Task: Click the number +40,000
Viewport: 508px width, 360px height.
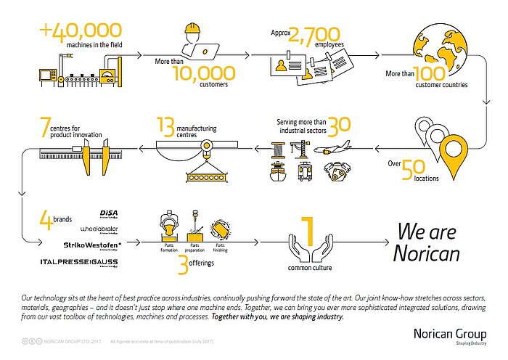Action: [x=81, y=31]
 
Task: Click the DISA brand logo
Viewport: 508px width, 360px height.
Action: [x=112, y=213]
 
